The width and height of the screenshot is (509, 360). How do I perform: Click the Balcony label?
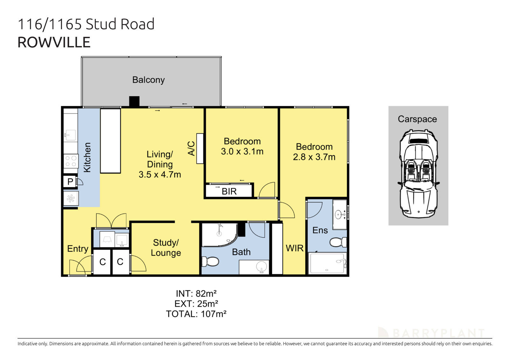[x=148, y=80]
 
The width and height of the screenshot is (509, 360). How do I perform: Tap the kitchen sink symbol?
[x=70, y=135]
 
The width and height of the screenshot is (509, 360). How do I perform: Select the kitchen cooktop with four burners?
[x=71, y=161]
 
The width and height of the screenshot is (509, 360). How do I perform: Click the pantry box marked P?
[x=70, y=182]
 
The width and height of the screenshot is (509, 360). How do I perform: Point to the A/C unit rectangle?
[x=200, y=149]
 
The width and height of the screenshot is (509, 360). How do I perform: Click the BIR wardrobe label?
[x=229, y=191]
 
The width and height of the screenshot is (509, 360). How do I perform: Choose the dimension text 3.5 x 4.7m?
[x=160, y=175]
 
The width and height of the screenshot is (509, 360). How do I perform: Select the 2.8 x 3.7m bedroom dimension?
[x=314, y=157]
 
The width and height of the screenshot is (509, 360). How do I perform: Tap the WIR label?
[x=295, y=248]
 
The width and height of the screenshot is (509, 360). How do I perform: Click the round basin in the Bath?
[x=262, y=267]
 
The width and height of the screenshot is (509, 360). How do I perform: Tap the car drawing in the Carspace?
[x=418, y=173]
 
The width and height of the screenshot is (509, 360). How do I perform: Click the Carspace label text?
[x=417, y=119]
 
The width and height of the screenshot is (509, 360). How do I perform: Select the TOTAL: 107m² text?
[x=196, y=314]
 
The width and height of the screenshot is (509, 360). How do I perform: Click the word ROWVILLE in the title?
[x=54, y=42]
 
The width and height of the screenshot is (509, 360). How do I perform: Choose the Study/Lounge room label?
[x=166, y=248]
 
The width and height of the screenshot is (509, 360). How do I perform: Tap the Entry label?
[x=78, y=249]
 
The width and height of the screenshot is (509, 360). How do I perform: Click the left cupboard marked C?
[x=102, y=262]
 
